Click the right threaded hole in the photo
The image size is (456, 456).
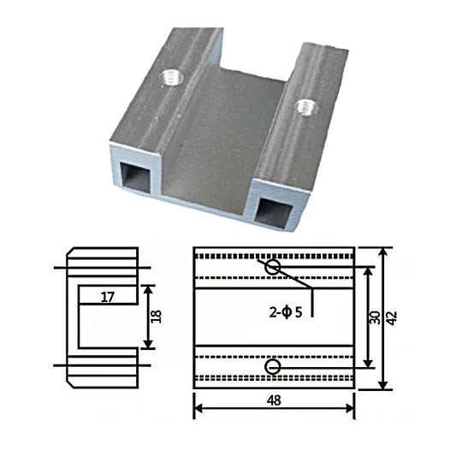305,106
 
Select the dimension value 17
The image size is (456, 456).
108,297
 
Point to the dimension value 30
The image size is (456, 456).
374,317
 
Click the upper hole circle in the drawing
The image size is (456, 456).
273,268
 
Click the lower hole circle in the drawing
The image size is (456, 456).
273,367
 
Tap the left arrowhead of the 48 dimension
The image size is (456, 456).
198,408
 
